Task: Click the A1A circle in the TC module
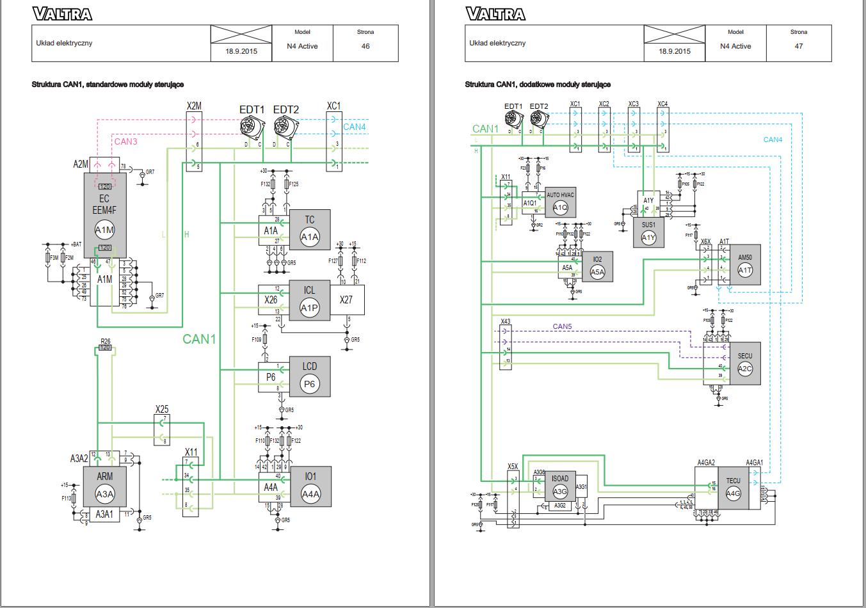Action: click(310, 237)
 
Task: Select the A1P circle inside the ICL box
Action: click(309, 308)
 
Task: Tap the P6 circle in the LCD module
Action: click(309, 384)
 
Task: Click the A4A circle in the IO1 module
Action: click(310, 493)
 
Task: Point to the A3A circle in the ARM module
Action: click(104, 493)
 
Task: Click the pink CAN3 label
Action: click(125, 141)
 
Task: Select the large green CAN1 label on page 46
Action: click(199, 339)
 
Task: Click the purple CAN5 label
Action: click(562, 326)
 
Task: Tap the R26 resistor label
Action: click(106, 341)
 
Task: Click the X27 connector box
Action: click(346, 300)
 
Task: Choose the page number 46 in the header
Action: click(365, 46)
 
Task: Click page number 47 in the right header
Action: click(798, 46)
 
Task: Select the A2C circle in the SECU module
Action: click(744, 369)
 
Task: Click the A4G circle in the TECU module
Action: click(733, 493)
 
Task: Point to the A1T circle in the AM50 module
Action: click(744, 270)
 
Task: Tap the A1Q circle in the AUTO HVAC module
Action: click(560, 207)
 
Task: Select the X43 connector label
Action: click(505, 321)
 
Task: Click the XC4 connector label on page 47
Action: click(662, 104)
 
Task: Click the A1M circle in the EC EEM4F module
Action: click(104, 230)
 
